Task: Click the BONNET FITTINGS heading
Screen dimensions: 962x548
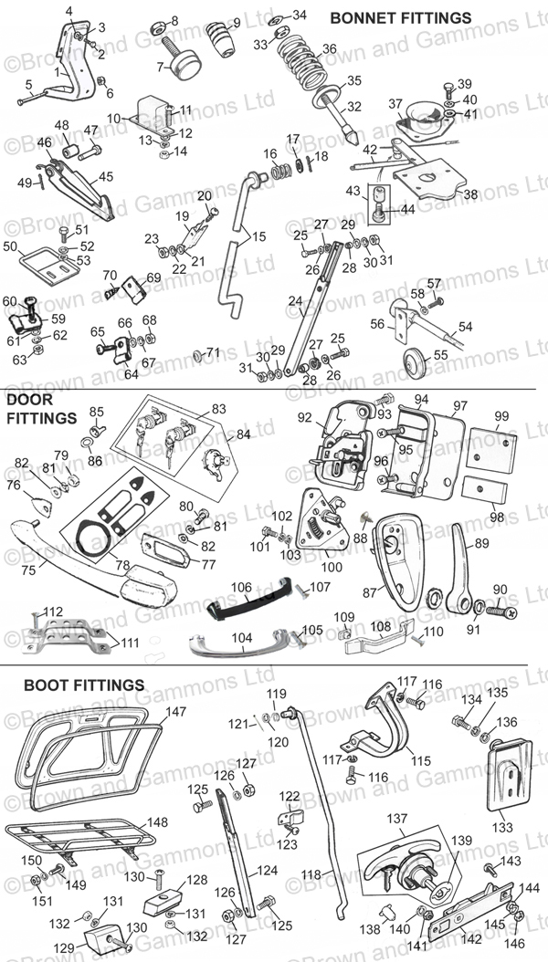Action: coord(400,17)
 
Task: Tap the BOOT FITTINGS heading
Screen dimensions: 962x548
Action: coord(84,684)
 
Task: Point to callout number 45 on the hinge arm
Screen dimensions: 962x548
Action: coord(106,176)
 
